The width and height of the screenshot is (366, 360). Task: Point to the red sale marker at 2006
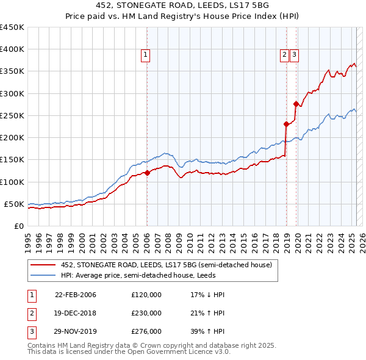147,173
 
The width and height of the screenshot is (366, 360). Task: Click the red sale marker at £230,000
286,124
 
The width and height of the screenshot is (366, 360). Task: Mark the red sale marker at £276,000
296,104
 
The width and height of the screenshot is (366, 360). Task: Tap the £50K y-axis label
15,204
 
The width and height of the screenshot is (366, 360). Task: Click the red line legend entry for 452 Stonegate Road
170,265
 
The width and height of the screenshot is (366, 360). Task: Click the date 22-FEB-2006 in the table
76,295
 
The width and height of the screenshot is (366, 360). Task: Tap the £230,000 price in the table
146,313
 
